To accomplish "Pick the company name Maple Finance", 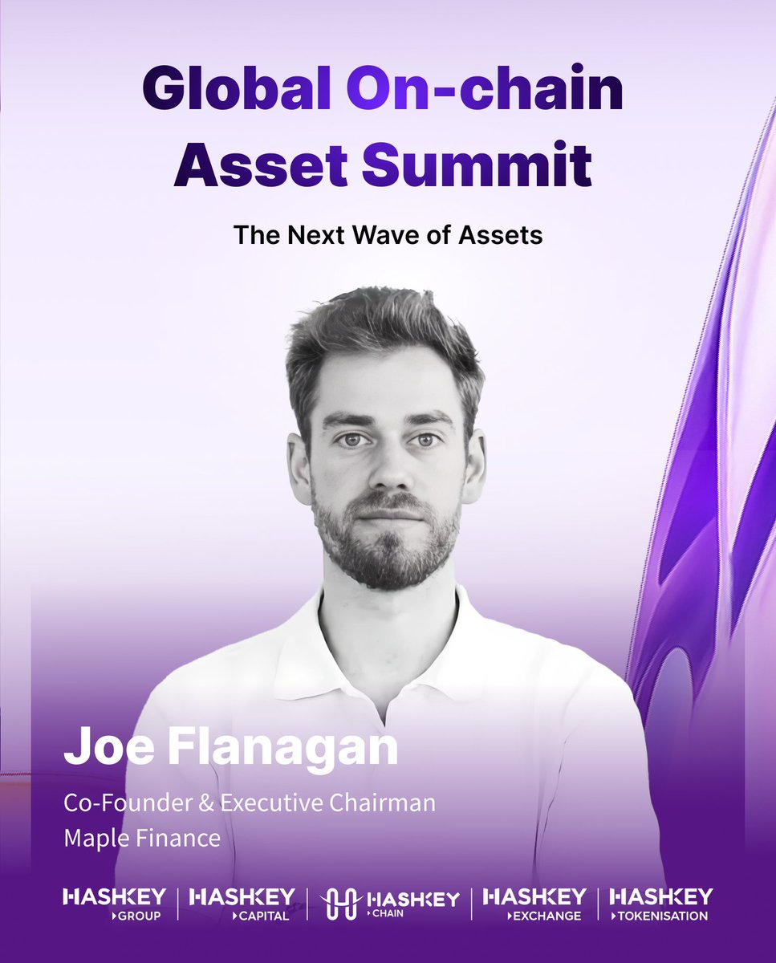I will [142, 839].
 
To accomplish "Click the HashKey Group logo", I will [114, 903].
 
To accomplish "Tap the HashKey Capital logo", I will [242, 903].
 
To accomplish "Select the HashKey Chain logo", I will [390, 903].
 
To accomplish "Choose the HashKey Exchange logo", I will [534, 903].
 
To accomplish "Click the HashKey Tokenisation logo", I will [660, 903].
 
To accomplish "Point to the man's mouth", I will [388, 514].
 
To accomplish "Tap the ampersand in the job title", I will [208, 803].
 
